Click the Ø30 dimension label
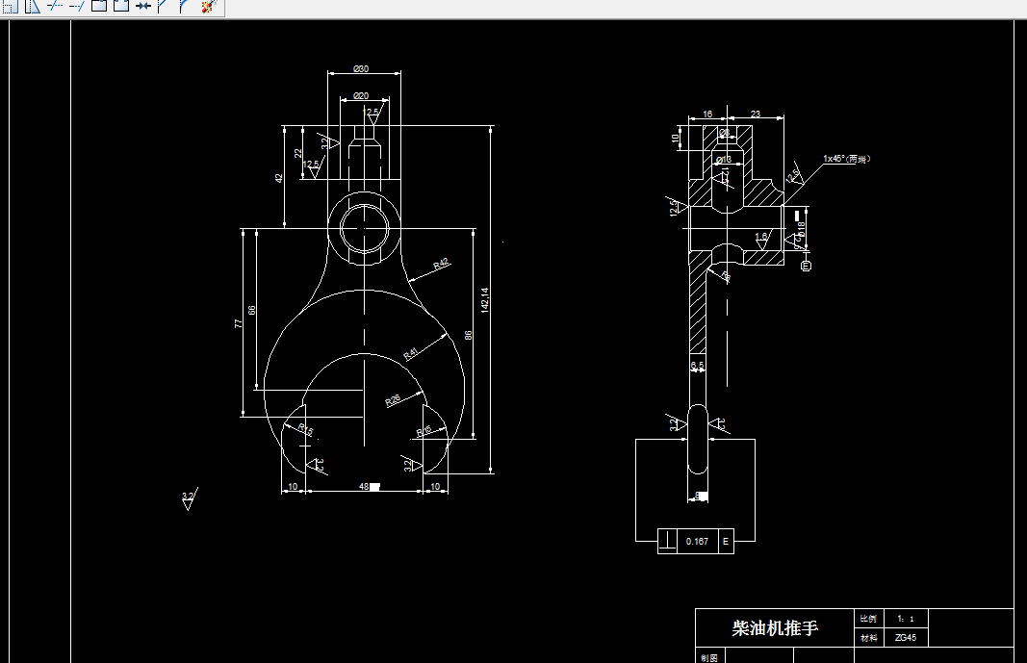[362, 68]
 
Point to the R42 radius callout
[442, 263]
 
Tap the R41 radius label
[410, 353]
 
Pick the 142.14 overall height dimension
[485, 300]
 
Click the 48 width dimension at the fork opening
[365, 487]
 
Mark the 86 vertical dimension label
[469, 335]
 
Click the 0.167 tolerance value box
[697, 542]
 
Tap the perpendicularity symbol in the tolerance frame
[667, 542]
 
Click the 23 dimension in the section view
[756, 115]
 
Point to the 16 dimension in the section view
[707, 115]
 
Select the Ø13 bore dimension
[724, 159]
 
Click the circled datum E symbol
[807, 266]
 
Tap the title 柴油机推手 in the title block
[774, 628]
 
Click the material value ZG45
[905, 637]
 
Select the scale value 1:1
[905, 619]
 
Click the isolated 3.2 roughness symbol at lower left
[188, 499]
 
